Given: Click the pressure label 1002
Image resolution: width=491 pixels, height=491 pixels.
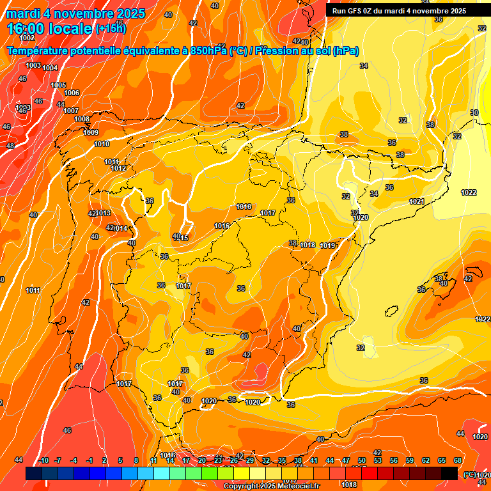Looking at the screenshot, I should click(27, 56).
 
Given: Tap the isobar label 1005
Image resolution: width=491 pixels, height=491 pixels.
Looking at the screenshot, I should click(58, 85).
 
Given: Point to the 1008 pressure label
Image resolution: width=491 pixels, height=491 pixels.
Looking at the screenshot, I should click(82, 119).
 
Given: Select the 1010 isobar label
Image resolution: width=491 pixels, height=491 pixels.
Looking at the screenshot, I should click(102, 144).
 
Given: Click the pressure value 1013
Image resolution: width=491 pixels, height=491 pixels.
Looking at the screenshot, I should click(104, 213).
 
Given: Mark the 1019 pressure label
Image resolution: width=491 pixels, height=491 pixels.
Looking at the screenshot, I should click(329, 245).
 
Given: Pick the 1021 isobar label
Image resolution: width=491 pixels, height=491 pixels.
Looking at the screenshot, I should click(417, 201).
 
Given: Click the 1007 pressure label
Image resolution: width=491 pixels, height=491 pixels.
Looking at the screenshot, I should click(71, 111).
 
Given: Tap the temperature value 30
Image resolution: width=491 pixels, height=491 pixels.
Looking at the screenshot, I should click(474, 113).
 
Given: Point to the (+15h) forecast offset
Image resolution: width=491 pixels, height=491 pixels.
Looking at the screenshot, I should click(111, 29).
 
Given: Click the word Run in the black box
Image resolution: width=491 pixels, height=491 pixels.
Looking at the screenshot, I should click(339, 11).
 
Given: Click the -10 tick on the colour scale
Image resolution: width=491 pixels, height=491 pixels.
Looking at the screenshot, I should click(43, 460).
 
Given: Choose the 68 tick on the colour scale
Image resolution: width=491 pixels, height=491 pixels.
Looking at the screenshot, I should click(458, 460).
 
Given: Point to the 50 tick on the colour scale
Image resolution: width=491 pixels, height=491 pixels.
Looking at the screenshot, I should click(362, 460).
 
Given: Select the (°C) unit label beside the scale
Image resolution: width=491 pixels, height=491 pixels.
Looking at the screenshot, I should click(469, 474).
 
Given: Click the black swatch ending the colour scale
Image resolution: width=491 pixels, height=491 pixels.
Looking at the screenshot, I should click(449, 473).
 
